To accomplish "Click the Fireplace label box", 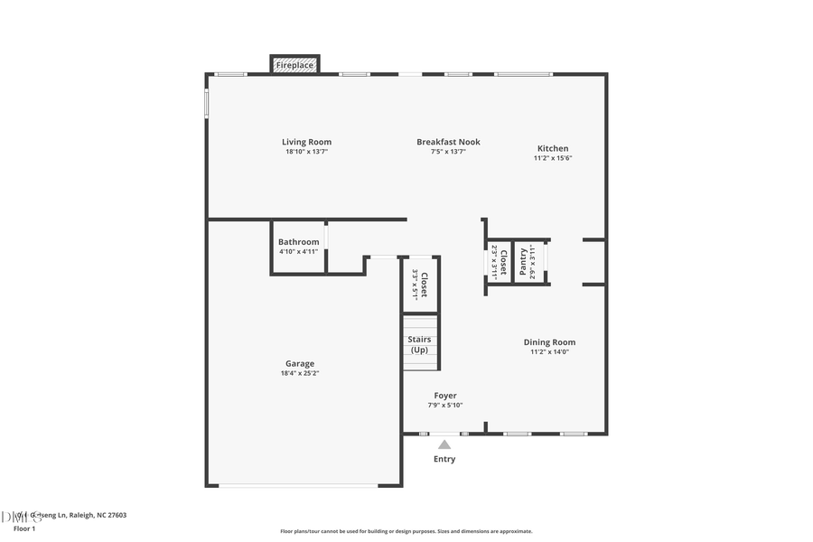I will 294,65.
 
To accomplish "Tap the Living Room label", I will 306,142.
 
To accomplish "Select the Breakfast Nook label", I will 448,142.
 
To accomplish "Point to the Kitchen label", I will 553,148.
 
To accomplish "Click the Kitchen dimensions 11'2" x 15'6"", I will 553,158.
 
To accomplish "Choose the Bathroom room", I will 298,247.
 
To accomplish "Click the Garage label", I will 300,363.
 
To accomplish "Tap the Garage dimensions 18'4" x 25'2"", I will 300,373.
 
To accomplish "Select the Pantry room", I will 528,262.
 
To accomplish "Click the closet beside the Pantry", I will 500,262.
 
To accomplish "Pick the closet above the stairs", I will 420,285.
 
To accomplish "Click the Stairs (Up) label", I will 420,345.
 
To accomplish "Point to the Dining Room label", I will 549,342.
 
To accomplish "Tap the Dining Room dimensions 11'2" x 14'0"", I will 549,352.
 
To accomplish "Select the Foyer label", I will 445,396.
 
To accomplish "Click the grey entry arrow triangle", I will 444,444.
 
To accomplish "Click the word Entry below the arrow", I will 444,459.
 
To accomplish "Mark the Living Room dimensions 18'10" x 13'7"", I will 306,152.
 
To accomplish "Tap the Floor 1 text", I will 23,528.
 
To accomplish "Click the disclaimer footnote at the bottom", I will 406,531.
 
